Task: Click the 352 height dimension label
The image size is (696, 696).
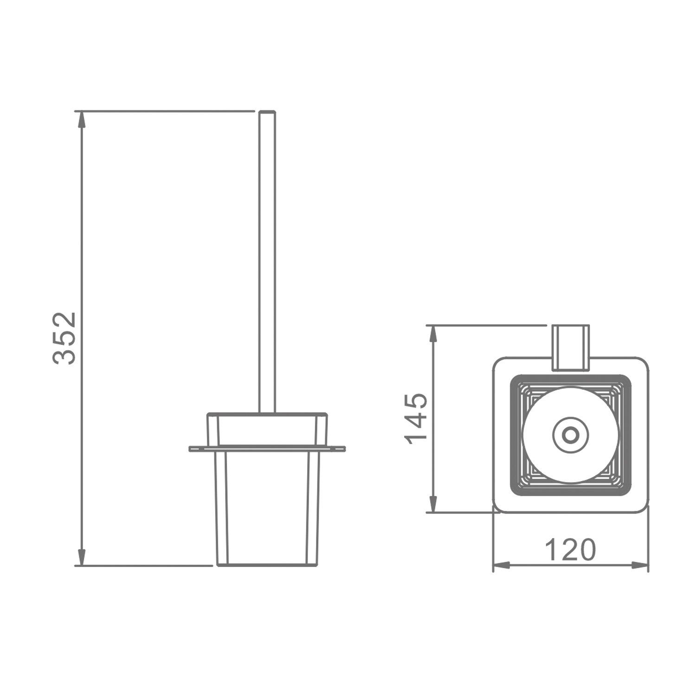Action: [x=64, y=338]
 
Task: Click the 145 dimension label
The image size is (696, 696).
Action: [x=415, y=419]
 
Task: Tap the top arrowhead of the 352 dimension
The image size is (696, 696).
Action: [x=82, y=119]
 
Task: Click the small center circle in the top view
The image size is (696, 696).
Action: [x=570, y=435]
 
